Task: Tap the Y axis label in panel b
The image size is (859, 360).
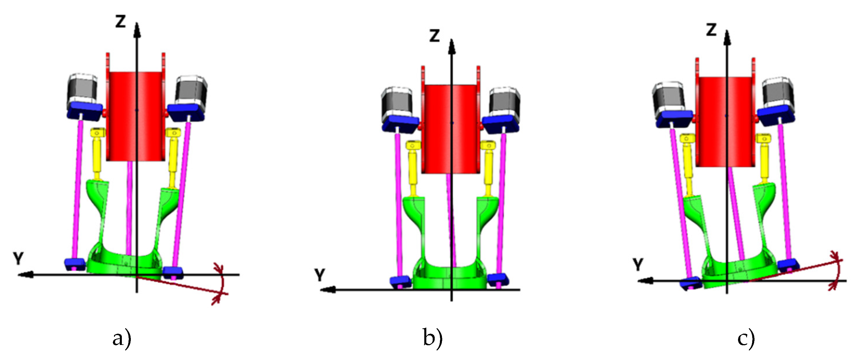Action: pyautogui.click(x=320, y=275)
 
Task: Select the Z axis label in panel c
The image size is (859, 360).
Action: pyautogui.click(x=711, y=30)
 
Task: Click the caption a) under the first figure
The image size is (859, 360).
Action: pyautogui.click(x=122, y=339)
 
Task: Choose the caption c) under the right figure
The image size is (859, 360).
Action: pyautogui.click(x=746, y=339)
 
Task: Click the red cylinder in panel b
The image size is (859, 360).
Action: pyautogui.click(x=451, y=129)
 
